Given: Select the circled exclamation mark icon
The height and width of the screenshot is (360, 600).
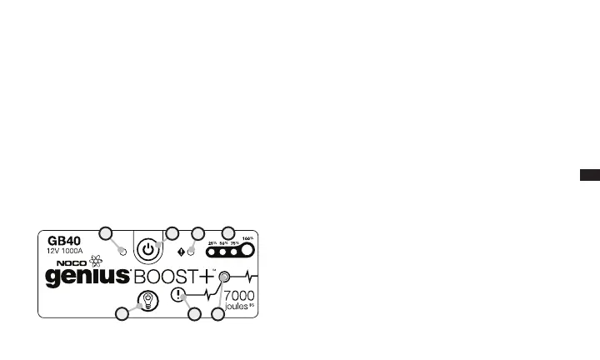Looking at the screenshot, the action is (x=177, y=293).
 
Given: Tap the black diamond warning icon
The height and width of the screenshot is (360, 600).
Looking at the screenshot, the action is (x=181, y=251).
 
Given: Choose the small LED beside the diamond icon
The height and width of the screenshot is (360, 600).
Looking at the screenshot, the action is (x=190, y=251).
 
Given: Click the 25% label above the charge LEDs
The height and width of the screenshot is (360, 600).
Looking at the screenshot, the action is (x=212, y=241).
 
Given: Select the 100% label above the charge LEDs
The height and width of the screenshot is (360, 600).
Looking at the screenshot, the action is (x=246, y=238).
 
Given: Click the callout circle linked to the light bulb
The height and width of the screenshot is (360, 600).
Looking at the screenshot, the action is (x=122, y=314).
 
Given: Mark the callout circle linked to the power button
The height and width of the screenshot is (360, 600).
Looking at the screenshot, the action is (x=172, y=232).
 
